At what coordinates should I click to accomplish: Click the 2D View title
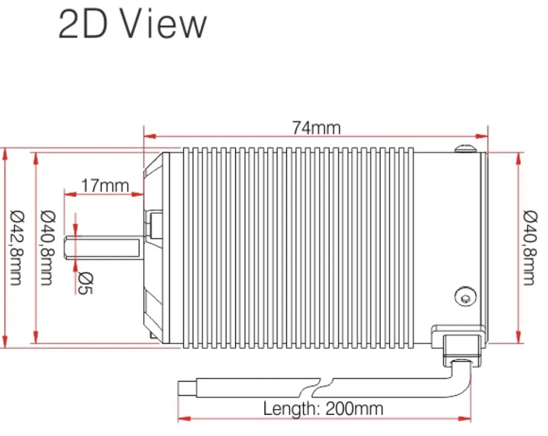(x=132, y=24)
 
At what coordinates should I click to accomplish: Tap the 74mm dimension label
(x=316, y=128)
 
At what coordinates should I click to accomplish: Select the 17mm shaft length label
(x=105, y=186)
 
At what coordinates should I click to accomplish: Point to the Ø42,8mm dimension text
(x=17, y=248)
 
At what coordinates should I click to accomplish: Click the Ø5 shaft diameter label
(x=86, y=284)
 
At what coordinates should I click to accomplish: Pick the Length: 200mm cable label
(x=323, y=409)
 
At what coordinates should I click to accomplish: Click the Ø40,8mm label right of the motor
(x=530, y=248)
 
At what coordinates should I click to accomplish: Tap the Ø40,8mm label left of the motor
(x=48, y=248)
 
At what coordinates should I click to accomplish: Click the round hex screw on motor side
(x=466, y=297)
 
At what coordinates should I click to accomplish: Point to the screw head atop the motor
(x=465, y=149)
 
